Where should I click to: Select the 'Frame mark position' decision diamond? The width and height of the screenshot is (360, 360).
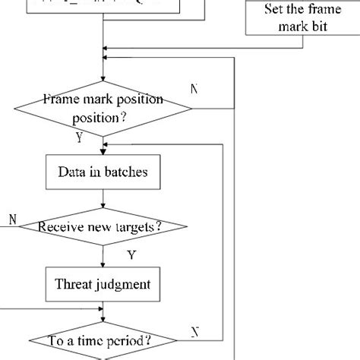tap(102, 109)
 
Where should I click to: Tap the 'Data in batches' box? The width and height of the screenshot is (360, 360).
tap(103, 172)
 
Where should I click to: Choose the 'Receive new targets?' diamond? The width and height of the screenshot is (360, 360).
tap(103, 226)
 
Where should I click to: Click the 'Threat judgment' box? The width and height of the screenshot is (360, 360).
tap(103, 284)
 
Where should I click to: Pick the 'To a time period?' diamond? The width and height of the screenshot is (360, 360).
tap(103, 339)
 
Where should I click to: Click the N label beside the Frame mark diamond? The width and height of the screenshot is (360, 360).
tap(195, 89)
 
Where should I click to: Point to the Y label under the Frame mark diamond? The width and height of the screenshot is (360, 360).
tap(78, 137)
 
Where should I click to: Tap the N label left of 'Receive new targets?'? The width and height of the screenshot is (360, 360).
tap(13, 219)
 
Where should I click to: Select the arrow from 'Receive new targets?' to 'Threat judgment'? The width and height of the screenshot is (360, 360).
tap(103, 254)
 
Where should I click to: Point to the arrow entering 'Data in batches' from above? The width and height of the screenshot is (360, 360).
tap(103, 148)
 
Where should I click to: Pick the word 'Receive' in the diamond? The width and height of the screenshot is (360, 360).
tap(59, 226)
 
